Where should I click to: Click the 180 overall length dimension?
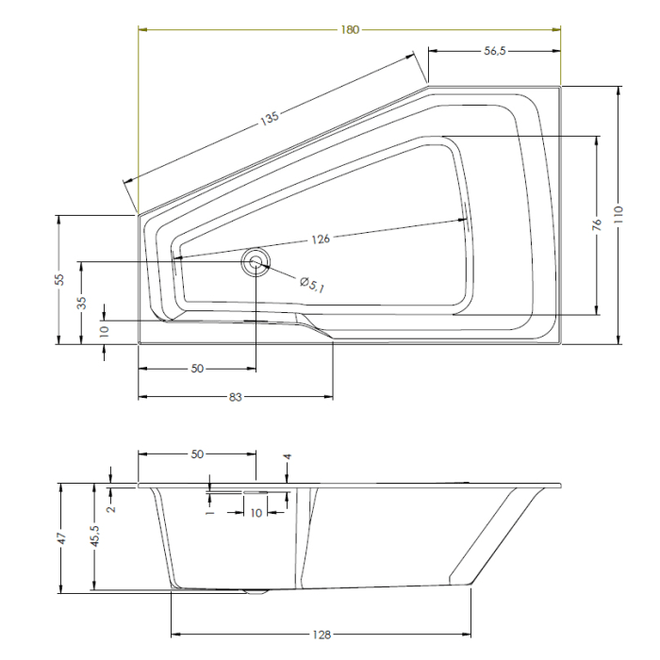click(x=350, y=29)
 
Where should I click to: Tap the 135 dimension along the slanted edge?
click(x=271, y=119)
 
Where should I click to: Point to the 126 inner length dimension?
click(x=320, y=239)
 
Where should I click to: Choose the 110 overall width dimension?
click(x=619, y=215)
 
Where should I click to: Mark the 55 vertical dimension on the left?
click(x=58, y=279)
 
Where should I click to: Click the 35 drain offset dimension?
click(x=81, y=303)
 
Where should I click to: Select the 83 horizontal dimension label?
click(x=236, y=398)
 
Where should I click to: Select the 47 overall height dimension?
click(x=58, y=538)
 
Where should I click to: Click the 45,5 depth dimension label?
click(x=94, y=538)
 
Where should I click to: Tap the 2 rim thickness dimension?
click(x=110, y=508)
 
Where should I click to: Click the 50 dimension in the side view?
click(x=197, y=454)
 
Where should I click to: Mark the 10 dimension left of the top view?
click(x=104, y=331)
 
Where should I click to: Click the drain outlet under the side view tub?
click(x=255, y=593)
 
